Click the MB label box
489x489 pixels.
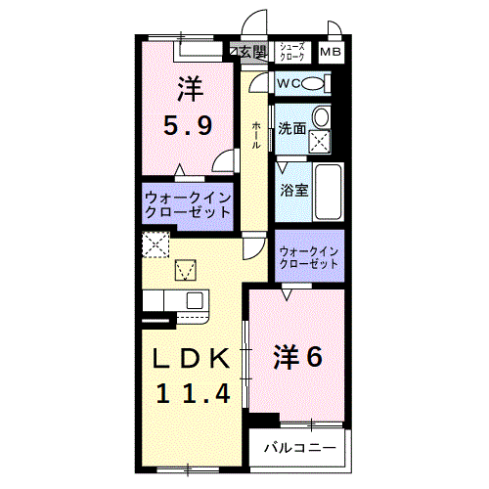click(331, 52)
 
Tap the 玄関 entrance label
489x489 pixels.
click(248, 52)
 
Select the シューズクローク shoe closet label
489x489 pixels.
click(292, 52)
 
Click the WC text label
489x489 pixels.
click(289, 84)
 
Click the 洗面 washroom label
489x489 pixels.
click(291, 128)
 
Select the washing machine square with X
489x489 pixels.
click(321, 140)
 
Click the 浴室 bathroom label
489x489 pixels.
click(294, 189)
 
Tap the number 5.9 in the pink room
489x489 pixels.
click(188, 126)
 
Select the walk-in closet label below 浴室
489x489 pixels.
click(308, 256)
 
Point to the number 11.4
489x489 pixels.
click(194, 393)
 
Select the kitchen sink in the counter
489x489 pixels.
click(194, 300)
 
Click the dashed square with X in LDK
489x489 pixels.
click(155, 244)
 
